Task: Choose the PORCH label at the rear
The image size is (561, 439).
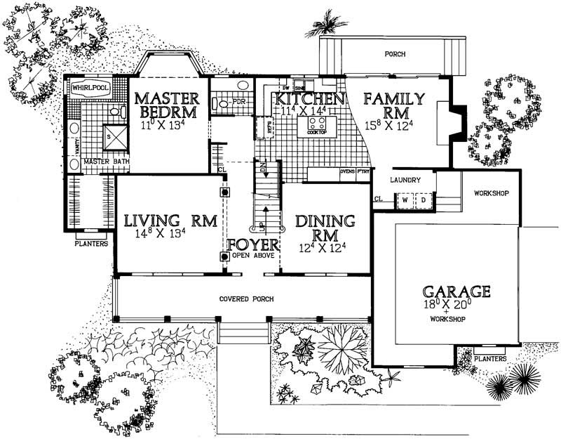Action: pos(396,54)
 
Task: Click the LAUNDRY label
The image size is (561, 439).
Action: pos(406,180)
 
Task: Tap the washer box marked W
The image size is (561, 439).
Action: pos(405,200)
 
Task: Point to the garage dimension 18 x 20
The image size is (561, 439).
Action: pos(456,306)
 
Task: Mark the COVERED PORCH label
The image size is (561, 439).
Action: pos(246,299)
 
